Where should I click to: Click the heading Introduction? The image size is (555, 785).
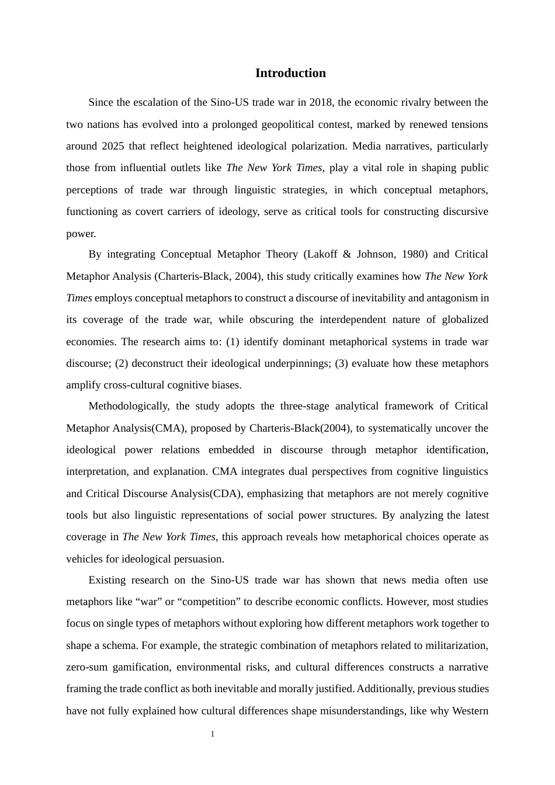tap(290, 73)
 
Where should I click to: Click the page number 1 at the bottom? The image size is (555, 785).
tap(213, 734)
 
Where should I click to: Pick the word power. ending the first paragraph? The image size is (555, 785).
tap(81, 234)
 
